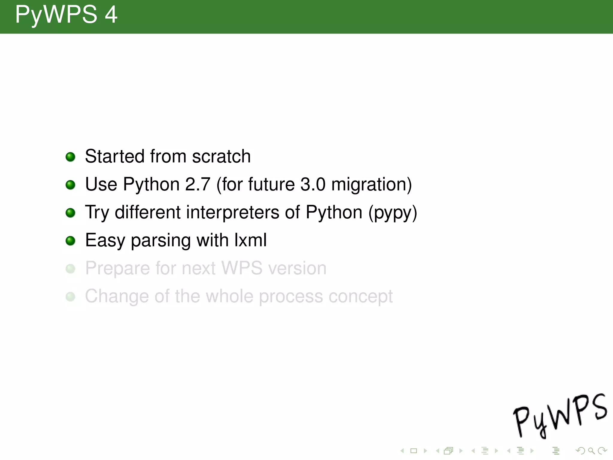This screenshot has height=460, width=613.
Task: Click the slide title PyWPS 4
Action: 66,15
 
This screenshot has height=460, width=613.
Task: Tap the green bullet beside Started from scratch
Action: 70,157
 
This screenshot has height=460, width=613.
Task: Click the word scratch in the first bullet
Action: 221,156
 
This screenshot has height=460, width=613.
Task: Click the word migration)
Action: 371,184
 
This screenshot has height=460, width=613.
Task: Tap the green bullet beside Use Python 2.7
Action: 70,184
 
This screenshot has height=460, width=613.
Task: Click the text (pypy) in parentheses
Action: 392,213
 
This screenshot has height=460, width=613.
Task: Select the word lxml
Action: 251,240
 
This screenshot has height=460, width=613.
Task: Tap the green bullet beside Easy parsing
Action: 70,240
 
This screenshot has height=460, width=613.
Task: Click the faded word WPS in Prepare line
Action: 242,268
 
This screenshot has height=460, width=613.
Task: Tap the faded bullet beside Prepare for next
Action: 70,268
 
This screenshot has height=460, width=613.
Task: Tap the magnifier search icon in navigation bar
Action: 591,450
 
